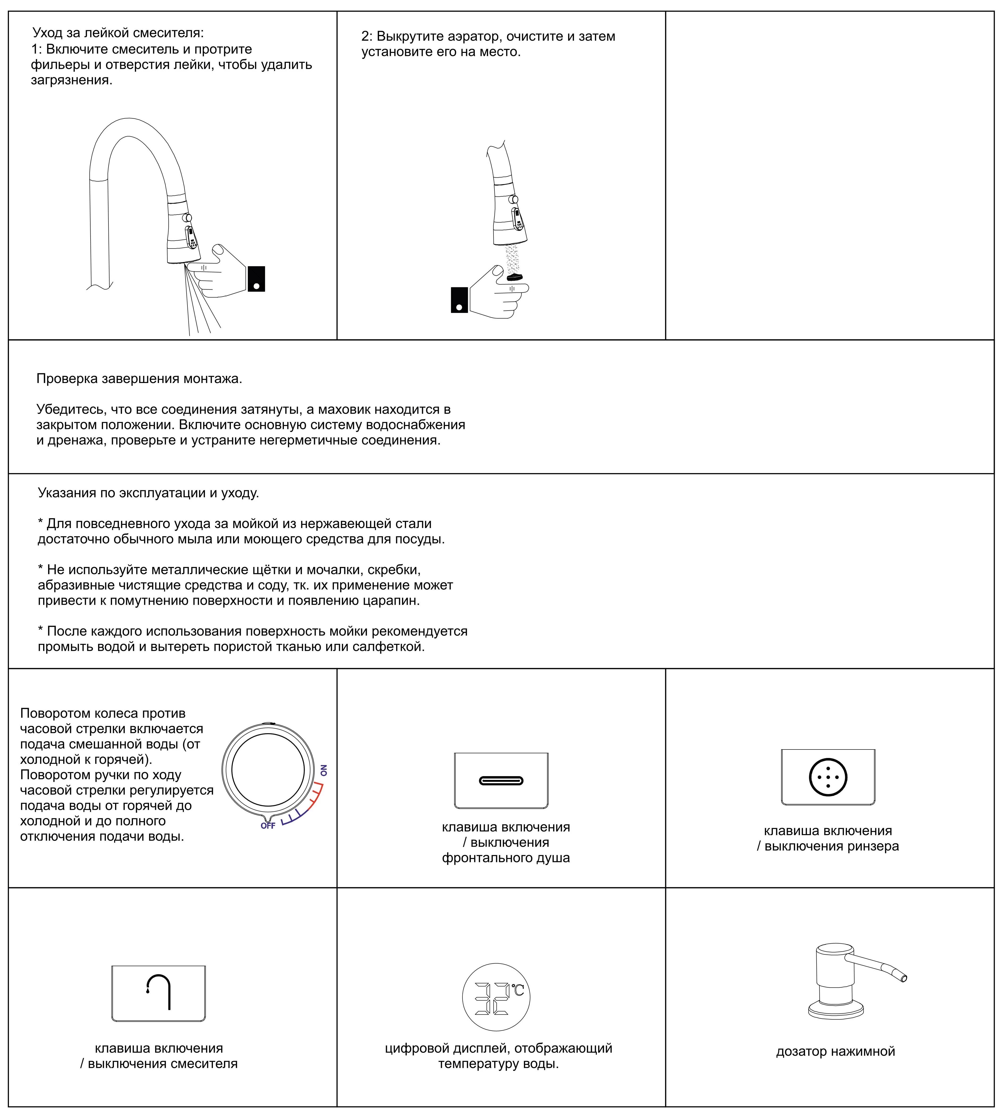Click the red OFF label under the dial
268,826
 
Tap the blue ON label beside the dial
324,770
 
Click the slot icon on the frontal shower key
501,781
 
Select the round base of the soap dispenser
836,1011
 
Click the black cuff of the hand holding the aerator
460,300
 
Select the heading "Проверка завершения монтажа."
139,379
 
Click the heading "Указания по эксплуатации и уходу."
148,493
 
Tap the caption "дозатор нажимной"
835,1051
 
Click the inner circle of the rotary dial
268,770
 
